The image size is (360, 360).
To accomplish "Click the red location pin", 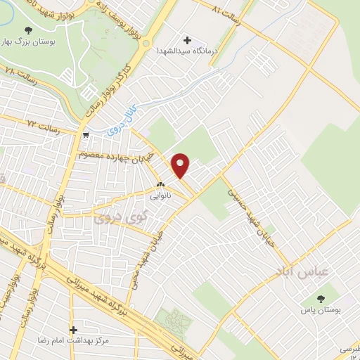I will click(181, 166).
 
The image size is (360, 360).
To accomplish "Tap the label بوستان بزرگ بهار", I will click(29, 41).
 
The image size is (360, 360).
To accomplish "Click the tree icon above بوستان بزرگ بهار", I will click(28, 30).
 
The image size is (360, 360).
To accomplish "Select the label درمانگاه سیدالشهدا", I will click(187, 50).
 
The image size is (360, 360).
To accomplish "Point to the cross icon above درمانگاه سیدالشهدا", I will click(187, 39).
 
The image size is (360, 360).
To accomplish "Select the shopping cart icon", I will click(86, 135).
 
